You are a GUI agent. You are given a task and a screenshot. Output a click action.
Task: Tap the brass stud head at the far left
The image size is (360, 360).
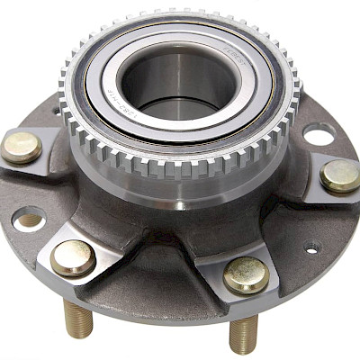tap(21, 147)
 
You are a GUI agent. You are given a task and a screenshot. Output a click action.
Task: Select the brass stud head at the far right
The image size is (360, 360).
tap(340, 175)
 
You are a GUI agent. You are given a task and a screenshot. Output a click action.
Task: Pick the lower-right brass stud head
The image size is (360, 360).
tap(246, 275)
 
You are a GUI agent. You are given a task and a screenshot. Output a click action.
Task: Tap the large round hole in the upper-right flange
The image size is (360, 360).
tap(319, 135)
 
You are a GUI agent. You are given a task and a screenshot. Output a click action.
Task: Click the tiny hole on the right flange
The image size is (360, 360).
tap(311, 245)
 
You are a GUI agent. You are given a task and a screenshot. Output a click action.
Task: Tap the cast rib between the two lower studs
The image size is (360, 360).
tap(157, 261)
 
